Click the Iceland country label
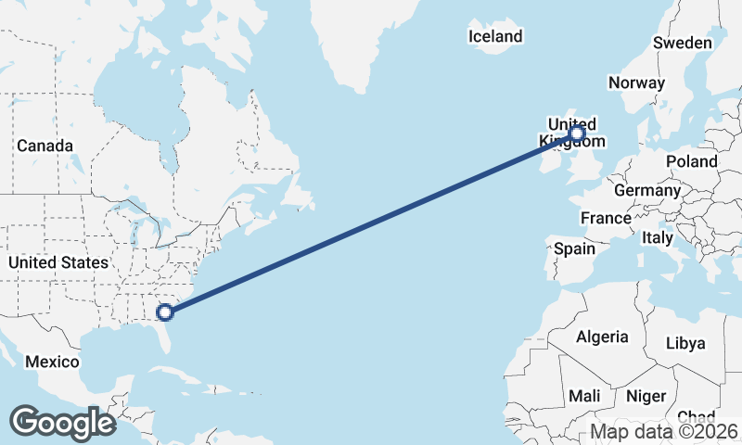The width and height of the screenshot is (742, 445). click(495, 37)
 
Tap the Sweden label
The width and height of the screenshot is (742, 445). click(682, 43)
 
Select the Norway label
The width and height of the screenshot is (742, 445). click(636, 83)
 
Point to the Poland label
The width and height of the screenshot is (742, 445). click(691, 161)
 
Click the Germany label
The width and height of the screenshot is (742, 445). click(647, 190)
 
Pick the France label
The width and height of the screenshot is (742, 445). click(606, 218)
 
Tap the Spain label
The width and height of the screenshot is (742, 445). click(574, 248)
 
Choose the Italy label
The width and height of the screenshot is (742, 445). click(658, 238)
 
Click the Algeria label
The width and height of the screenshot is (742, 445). click(602, 337)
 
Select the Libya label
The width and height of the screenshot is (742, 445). click(685, 343)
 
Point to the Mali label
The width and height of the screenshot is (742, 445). click(584, 396)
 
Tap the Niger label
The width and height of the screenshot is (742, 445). click(646, 396)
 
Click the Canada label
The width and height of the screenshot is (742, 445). click(45, 146)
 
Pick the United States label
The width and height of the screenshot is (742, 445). click(58, 262)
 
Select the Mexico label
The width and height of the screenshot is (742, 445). click(52, 361)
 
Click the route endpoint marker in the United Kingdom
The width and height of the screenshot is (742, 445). click(577, 134)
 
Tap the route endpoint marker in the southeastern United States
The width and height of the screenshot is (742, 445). click(166, 312)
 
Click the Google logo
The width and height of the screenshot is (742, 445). click(62, 422)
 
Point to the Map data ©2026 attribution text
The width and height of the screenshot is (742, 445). click(664, 431)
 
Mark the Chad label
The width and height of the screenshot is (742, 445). click(696, 417)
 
